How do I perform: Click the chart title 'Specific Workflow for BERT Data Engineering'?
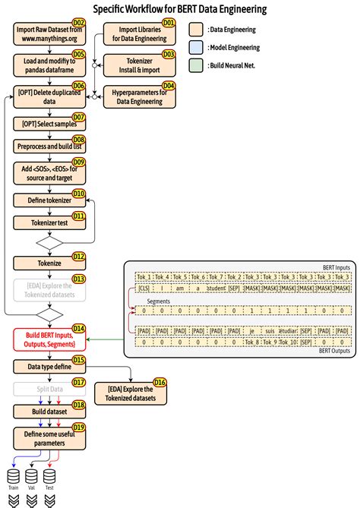tap(179, 9)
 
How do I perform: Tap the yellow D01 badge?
tap(169, 24)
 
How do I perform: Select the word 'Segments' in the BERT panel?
tap(159, 301)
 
